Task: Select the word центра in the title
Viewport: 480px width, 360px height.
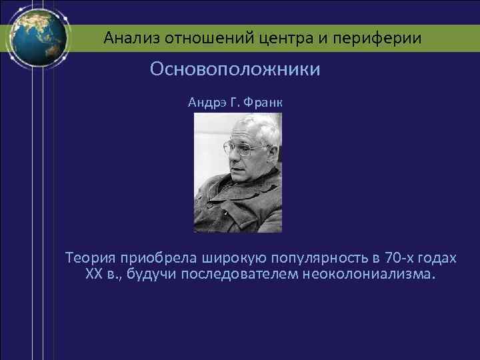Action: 280,38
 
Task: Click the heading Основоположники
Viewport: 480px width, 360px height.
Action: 235,69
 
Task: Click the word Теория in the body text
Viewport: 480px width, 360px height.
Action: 90,258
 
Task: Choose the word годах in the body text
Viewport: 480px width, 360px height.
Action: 437,258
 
